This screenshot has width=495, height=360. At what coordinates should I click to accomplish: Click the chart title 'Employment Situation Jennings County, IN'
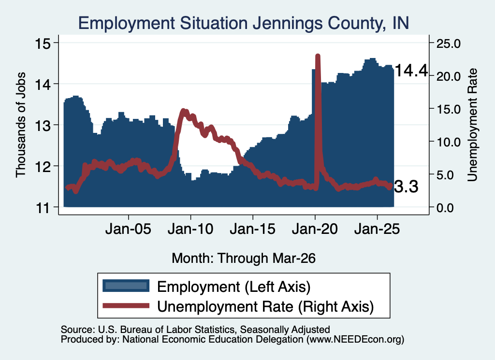(244, 23)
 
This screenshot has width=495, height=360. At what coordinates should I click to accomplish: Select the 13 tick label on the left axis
(43, 126)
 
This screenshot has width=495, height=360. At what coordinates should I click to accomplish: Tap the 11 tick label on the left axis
(43, 208)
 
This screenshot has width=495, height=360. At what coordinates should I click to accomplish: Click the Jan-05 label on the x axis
(128, 229)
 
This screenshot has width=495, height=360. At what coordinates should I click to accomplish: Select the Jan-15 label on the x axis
(252, 229)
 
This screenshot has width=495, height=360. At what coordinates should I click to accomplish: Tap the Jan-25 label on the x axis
(377, 229)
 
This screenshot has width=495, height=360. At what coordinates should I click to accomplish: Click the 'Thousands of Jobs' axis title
(20, 125)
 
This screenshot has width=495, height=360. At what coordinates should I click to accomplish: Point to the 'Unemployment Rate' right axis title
(472, 125)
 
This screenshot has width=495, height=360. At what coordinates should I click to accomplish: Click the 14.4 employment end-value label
(411, 71)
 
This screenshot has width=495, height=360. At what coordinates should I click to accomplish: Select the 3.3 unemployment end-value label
(407, 187)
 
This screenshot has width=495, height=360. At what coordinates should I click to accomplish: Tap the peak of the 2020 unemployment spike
(318, 56)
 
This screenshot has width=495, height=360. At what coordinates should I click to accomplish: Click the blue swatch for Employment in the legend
(126, 286)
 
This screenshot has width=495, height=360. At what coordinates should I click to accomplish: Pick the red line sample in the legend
(126, 305)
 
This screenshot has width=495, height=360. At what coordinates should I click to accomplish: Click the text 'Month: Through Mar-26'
(244, 258)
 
